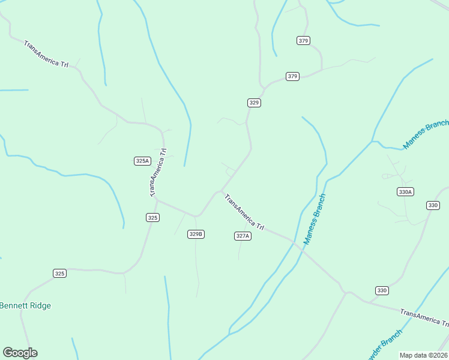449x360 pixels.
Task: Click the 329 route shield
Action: [x=254, y=103]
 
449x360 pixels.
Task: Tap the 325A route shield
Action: [x=142, y=161]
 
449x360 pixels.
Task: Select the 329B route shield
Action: [x=196, y=234]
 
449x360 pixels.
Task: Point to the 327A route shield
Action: [x=242, y=236]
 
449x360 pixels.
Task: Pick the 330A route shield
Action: [x=405, y=192]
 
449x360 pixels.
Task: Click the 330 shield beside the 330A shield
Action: [x=433, y=205]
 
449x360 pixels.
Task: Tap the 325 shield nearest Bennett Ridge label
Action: [x=59, y=273]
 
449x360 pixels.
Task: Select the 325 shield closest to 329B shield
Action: [x=152, y=217]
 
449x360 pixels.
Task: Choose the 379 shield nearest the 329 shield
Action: [x=292, y=76]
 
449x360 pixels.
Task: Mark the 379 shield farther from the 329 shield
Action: [x=303, y=40]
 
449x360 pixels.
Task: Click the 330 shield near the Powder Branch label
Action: [x=382, y=290]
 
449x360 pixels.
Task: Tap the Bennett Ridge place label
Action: [x=26, y=305]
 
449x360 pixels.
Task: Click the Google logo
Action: [x=20, y=352]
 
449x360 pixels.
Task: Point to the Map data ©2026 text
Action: [x=423, y=355]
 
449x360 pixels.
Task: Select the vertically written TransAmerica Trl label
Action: [x=158, y=173]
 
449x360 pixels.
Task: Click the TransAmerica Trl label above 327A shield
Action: [x=244, y=211]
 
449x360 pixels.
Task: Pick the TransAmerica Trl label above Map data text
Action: [x=424, y=317]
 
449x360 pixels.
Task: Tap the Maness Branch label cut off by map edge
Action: [x=426, y=134]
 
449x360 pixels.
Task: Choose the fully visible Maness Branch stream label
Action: [x=315, y=219]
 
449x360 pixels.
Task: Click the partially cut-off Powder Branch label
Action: [x=384, y=345]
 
